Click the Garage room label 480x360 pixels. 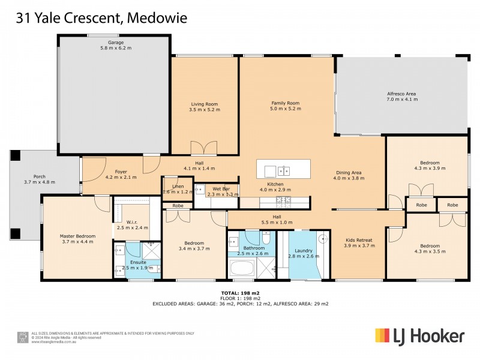coord(115,43)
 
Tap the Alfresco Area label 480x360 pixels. coord(401,94)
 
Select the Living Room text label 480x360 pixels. coord(204,104)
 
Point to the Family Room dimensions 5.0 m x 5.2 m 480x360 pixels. coord(284,110)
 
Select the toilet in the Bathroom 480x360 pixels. coord(267,238)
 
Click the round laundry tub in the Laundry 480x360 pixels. coord(324,238)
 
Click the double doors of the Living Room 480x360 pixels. coord(201,148)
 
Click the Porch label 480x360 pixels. coord(40,176)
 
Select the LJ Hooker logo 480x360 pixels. coord(419,335)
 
